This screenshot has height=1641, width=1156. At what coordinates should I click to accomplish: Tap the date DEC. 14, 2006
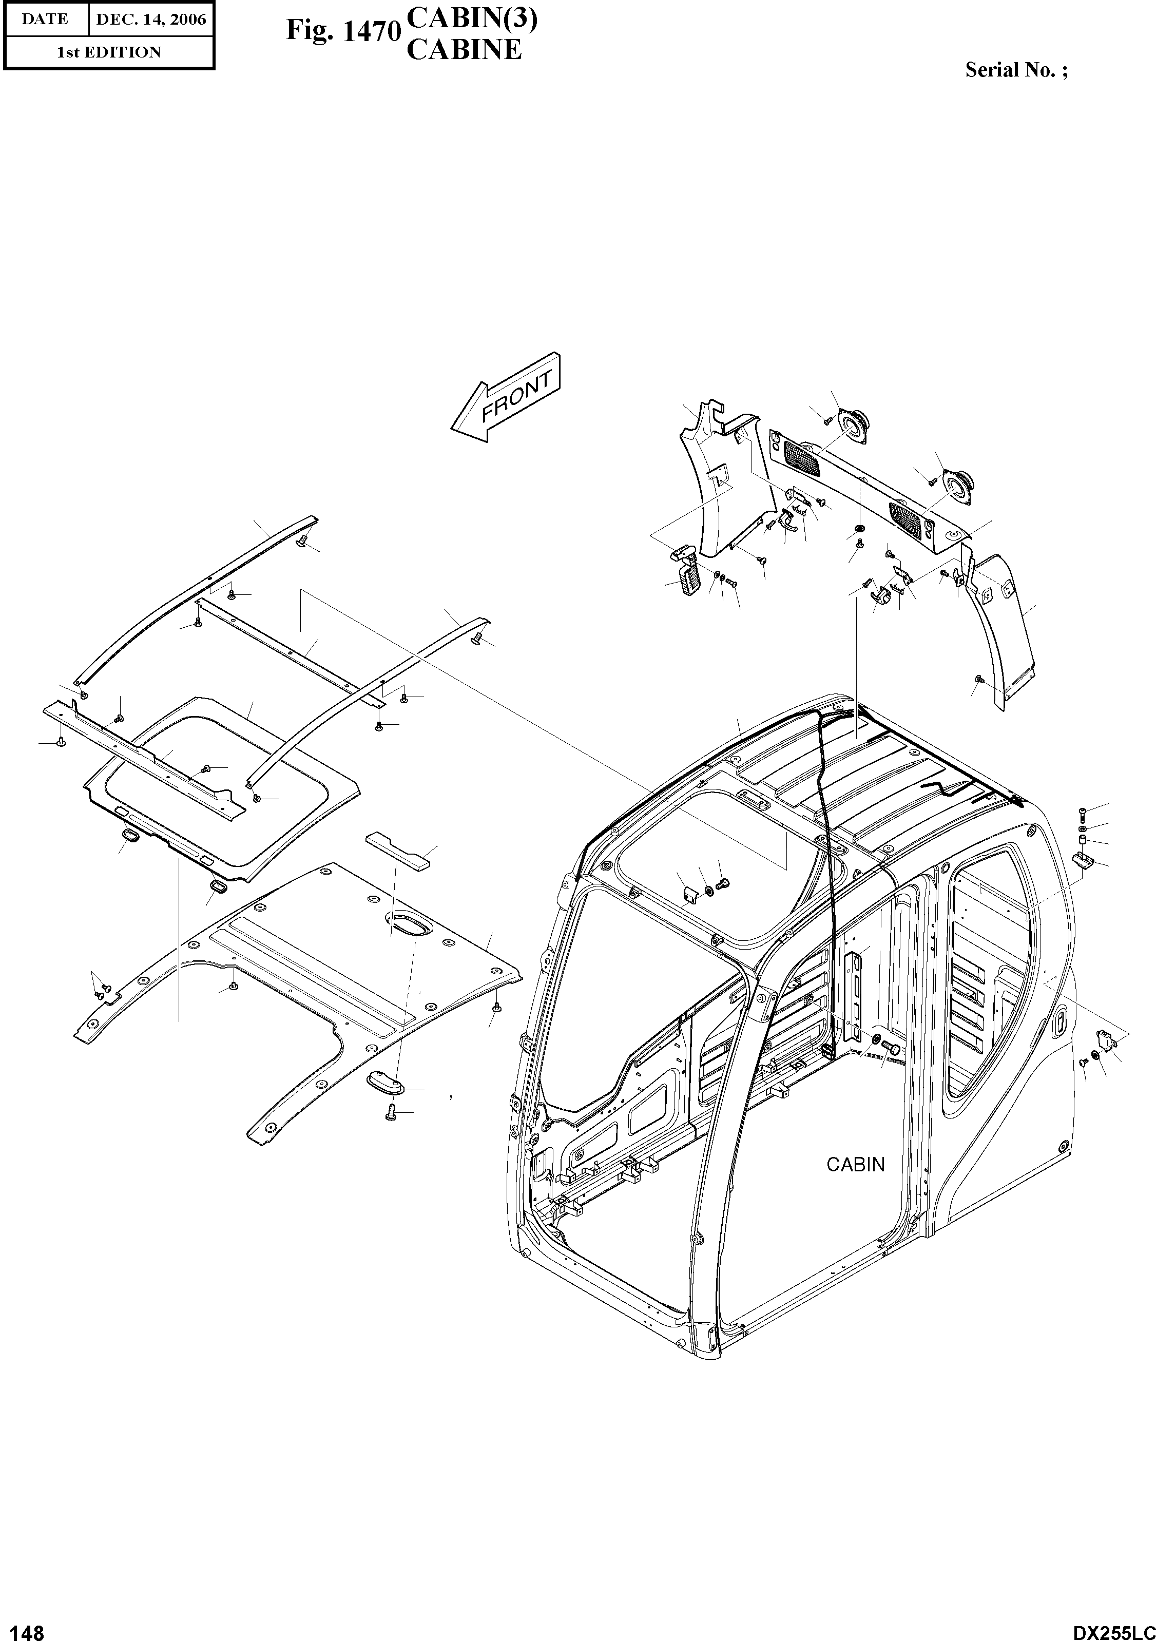click(150, 20)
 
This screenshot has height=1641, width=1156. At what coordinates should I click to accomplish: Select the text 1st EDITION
click(109, 52)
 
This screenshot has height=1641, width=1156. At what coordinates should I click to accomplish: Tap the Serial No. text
click(1016, 70)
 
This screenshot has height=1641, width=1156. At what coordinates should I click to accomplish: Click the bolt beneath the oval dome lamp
click(390, 1112)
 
